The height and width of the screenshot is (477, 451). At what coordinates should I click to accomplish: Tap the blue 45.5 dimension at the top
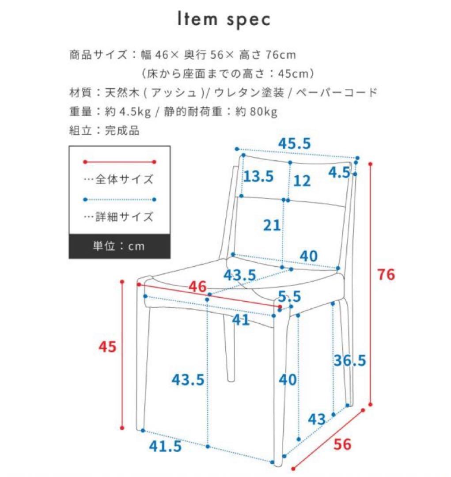[x=295, y=144]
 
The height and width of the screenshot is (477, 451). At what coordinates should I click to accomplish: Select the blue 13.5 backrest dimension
[x=259, y=177]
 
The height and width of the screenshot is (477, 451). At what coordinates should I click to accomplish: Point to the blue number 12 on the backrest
[x=302, y=181]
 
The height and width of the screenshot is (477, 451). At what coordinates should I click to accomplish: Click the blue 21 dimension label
[x=272, y=225]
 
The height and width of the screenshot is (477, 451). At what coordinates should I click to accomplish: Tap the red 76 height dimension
[x=386, y=274]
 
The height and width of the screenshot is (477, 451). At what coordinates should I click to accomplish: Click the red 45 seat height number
[x=107, y=347]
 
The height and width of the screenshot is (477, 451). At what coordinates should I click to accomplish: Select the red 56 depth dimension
[x=342, y=444]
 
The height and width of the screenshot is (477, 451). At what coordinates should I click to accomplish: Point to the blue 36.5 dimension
[x=350, y=360]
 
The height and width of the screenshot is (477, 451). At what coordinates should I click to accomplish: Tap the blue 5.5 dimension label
[x=289, y=296]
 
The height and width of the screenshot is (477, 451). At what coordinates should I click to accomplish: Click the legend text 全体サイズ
[x=124, y=180]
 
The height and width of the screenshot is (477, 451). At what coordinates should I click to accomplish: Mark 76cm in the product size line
[x=280, y=55]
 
